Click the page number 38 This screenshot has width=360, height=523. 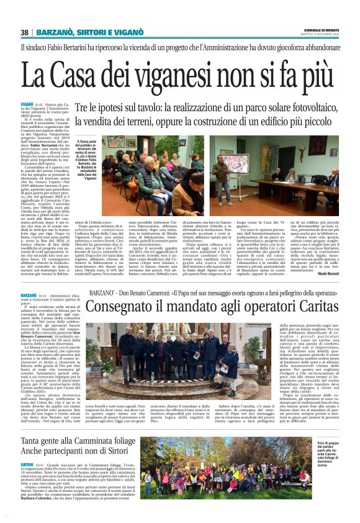coord(25,32)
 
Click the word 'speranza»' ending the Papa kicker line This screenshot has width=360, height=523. coord(320,292)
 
